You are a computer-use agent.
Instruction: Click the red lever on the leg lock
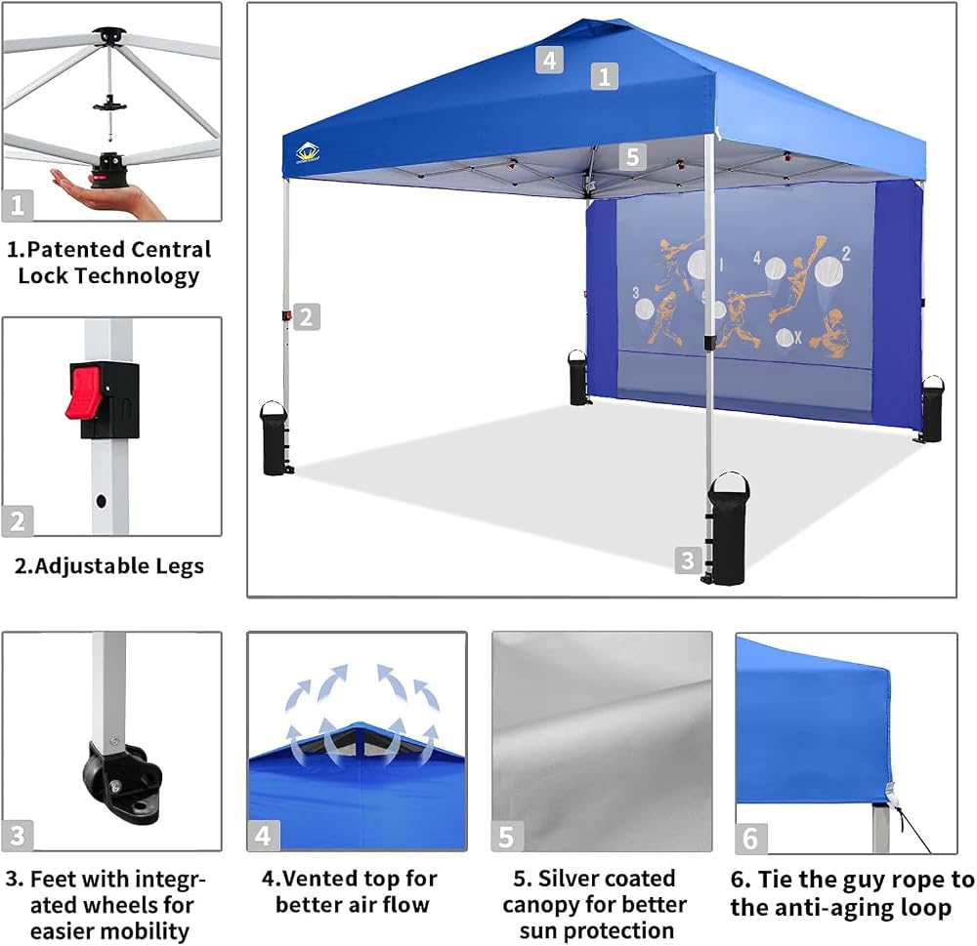pos(83,392)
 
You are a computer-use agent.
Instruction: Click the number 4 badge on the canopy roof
pos(549,60)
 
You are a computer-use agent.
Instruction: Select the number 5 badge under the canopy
pos(632,156)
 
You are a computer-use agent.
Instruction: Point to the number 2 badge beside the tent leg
pos(306,317)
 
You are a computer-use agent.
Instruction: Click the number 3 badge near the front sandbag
pos(688,559)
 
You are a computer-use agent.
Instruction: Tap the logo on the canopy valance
pos(307,152)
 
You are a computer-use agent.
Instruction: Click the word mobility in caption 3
pos(149,930)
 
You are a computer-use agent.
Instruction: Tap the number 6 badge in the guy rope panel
pos(750,839)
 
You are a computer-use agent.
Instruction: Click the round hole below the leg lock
pos(101,500)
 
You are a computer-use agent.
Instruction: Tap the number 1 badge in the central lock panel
pos(18,204)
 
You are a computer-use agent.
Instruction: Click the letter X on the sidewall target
pos(797,338)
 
